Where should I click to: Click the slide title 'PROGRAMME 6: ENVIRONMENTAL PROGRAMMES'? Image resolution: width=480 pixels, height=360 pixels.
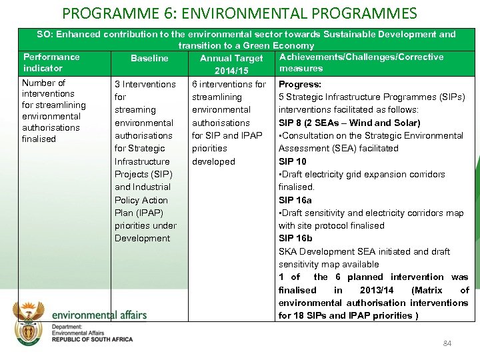point(239,13)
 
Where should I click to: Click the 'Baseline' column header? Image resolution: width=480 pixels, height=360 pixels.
point(149,59)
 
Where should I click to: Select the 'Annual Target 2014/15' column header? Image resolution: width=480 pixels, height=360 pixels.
point(231,64)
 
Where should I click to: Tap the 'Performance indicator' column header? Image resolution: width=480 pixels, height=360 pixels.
point(51,63)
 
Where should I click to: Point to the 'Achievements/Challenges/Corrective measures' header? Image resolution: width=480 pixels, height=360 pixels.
point(361,63)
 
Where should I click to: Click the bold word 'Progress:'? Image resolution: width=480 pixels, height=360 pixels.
point(299,85)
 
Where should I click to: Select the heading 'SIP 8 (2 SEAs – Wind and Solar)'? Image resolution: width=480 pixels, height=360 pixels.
point(349,123)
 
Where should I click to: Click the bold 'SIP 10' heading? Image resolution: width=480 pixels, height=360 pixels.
point(292,161)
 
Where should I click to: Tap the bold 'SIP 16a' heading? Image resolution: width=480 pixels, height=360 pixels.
point(295,200)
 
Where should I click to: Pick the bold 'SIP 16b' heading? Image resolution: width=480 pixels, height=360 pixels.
point(295,239)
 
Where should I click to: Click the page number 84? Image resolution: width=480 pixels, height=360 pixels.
point(447,343)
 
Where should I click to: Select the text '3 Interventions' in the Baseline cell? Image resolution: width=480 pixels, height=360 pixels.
point(145,85)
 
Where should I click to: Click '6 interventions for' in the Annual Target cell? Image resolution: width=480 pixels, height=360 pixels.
point(229,85)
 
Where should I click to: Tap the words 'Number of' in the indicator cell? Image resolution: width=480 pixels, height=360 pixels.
point(43,83)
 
